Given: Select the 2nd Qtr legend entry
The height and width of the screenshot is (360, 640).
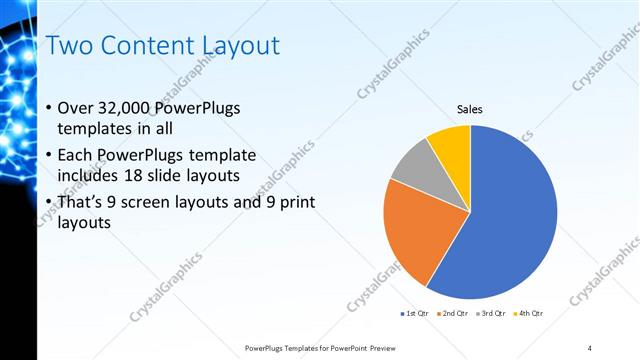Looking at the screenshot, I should pyautogui.click(x=454, y=314).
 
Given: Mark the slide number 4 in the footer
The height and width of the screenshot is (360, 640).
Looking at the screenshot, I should pyautogui.click(x=590, y=347).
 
